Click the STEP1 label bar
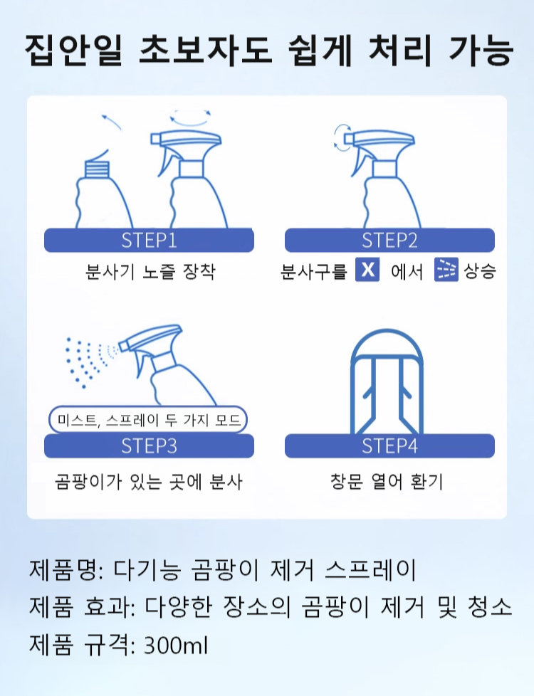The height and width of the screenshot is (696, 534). [149, 240]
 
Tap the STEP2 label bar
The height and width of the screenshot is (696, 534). [389, 240]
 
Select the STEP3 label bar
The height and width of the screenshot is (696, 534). [149, 445]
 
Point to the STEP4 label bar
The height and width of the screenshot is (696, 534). [389, 445]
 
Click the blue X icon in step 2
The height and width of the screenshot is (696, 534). [367, 270]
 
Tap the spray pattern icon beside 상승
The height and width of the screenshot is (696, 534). [446, 270]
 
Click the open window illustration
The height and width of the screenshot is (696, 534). [387, 381]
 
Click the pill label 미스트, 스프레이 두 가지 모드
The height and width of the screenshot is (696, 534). [148, 419]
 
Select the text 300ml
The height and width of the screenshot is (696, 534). [176, 645]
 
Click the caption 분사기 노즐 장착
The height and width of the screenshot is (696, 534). [150, 271]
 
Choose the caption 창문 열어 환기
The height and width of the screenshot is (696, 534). [387, 481]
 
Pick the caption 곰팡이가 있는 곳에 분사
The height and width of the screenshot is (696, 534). [149, 481]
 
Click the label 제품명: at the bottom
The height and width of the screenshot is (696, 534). [66, 569]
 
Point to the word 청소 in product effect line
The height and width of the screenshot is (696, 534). [490, 607]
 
